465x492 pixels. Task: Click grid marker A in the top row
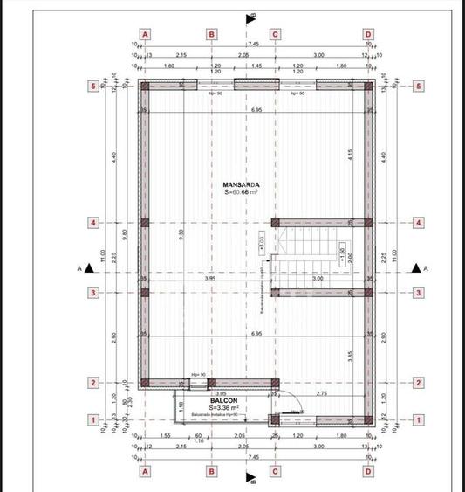(146, 34)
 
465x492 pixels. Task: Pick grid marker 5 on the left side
(93, 86)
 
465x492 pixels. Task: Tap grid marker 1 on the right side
(419, 420)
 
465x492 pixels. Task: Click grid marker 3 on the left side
(93, 292)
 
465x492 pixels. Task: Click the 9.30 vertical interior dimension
(181, 234)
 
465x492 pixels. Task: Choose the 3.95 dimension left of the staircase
(209, 278)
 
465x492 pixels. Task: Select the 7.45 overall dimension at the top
(253, 44)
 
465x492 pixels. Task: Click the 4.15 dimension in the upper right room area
(349, 152)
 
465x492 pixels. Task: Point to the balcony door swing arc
(296, 409)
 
